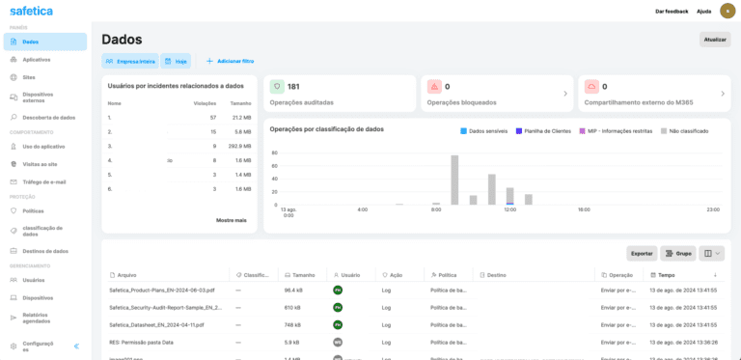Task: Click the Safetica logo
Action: (31, 11)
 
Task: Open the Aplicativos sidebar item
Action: (36, 59)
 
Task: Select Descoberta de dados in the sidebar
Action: (48, 117)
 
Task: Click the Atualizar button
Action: (715, 40)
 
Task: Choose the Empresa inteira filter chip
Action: (129, 61)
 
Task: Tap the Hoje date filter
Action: (176, 61)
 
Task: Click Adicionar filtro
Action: (230, 61)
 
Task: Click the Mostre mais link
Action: (231, 220)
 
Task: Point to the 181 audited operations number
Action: (293, 87)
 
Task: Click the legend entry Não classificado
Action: (687, 130)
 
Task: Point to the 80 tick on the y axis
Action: (274, 152)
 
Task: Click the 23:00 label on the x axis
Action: (713, 209)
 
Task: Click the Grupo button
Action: (677, 253)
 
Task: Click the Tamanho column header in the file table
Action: (304, 275)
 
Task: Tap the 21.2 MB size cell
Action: (241, 117)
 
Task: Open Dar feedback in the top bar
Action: (672, 11)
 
